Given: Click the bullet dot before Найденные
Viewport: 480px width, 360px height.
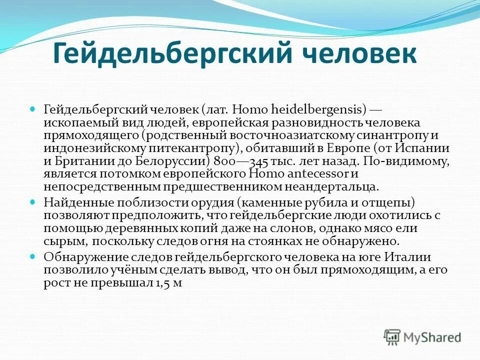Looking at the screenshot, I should [x=33, y=201].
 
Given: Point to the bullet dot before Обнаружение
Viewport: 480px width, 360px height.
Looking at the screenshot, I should [x=33, y=256].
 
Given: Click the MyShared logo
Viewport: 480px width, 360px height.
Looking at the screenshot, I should [x=422, y=337].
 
